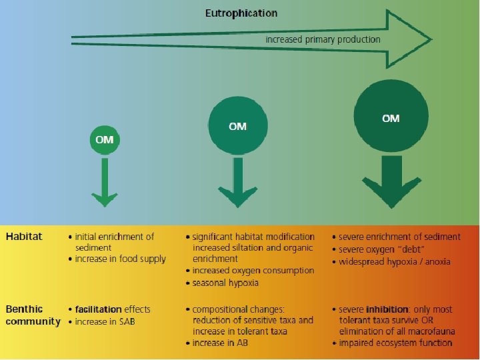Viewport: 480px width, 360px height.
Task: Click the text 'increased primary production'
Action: coord(323,39)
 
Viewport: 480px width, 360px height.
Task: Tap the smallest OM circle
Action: coord(104,139)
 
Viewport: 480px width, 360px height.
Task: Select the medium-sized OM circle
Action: coord(237,127)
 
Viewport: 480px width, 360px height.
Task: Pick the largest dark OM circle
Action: coord(391,119)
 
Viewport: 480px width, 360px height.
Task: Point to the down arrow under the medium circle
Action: coord(237,183)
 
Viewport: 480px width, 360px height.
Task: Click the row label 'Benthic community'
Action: coord(33,315)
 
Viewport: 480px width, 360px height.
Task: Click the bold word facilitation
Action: coord(98,309)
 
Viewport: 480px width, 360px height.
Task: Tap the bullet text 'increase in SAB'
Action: coord(108,321)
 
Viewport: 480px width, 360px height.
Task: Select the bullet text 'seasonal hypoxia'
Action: coord(225,283)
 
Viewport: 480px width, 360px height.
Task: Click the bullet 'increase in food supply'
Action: coord(120,259)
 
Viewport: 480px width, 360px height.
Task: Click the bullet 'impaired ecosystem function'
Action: coord(395,343)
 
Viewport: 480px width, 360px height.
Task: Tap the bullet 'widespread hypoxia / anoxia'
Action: coord(395,261)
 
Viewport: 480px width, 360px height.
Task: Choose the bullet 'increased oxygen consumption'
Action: coord(253,271)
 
